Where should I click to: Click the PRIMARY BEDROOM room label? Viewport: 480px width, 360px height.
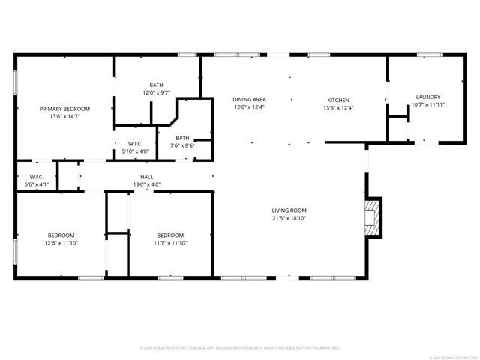64,109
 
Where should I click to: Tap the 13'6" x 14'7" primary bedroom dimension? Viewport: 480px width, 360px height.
64,117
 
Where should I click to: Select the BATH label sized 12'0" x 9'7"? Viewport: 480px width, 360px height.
156,85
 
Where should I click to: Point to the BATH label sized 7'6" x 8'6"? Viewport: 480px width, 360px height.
182,137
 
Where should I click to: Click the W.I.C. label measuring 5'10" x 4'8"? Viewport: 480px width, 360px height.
135,143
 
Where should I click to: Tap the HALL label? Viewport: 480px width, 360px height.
147,176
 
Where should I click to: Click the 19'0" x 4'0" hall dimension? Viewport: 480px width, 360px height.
147,184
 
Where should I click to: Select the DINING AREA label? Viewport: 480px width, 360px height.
249,99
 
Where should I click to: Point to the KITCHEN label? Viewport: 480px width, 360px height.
337,99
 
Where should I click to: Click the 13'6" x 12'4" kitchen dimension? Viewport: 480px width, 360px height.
337,108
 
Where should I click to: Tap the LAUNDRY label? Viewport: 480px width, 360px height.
427,96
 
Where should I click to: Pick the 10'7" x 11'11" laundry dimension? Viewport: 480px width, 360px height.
427,105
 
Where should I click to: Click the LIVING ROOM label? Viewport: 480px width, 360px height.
289,211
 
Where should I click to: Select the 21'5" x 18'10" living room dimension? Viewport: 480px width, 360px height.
289,220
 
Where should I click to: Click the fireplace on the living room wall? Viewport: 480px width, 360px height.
373,217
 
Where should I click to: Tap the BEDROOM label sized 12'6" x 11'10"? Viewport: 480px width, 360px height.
61,234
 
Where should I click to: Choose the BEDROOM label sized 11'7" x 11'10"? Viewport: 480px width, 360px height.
170,234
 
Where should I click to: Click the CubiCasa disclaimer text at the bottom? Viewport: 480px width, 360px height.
240,348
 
